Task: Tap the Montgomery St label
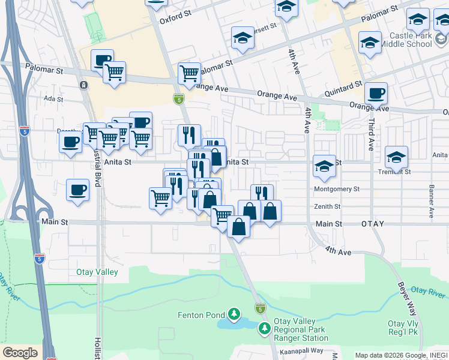pos(336,188)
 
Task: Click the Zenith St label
pos(328,206)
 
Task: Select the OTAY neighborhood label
pos(373,224)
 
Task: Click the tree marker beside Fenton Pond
pos(234,314)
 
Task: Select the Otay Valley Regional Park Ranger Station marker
pos(265,328)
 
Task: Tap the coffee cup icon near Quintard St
pos(376,94)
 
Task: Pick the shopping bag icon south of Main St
pos(238,227)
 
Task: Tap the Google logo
pos(20,353)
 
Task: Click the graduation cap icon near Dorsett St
pos(243,38)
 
